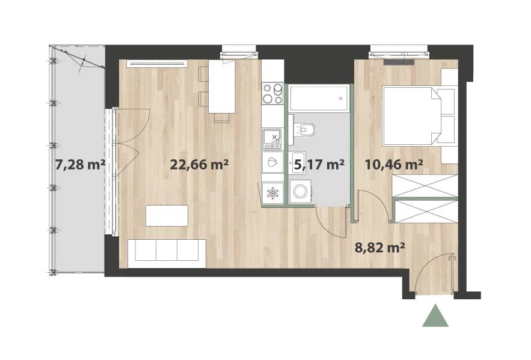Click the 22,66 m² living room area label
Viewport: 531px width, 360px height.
(199, 165)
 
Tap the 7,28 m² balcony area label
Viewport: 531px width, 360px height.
(80, 165)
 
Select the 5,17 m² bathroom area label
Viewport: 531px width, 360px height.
(319, 165)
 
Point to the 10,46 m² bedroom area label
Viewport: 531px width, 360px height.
(393, 165)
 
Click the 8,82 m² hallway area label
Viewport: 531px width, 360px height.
(379, 248)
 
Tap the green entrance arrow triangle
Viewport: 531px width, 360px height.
(435, 316)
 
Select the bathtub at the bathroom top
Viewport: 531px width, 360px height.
(319, 98)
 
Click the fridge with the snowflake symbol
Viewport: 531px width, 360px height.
(272, 193)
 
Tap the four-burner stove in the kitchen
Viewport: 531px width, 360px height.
(272, 93)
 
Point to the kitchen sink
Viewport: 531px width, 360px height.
(272, 139)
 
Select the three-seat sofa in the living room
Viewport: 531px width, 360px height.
(167, 249)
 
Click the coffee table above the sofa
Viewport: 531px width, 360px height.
(167, 216)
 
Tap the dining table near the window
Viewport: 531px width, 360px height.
(222, 87)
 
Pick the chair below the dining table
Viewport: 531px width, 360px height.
(222, 118)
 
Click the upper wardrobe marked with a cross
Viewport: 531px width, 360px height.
(425, 186)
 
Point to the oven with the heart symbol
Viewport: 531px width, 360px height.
(272, 162)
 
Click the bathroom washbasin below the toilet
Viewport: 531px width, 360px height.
(297, 163)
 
